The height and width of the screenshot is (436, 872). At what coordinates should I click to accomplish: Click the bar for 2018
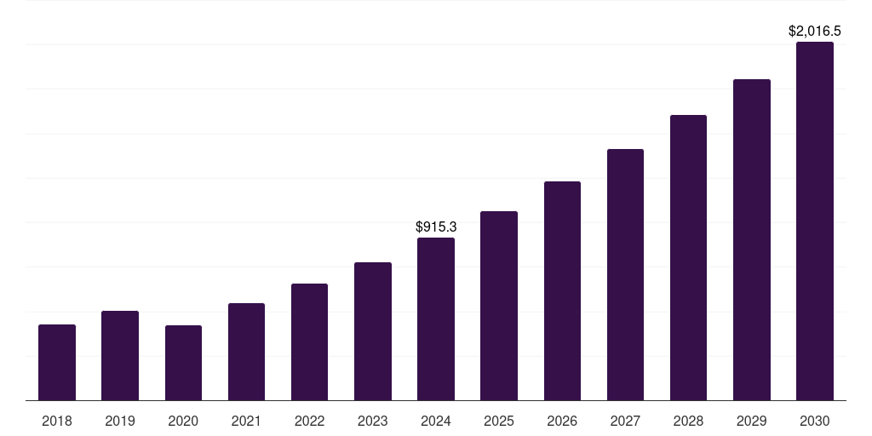tap(57, 362)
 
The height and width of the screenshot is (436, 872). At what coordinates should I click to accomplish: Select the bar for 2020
tap(183, 363)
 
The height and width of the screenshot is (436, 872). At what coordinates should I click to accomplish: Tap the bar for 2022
tap(309, 341)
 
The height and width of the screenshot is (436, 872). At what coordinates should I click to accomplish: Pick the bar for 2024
tap(436, 318)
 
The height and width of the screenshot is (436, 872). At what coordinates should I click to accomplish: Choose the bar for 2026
tap(562, 290)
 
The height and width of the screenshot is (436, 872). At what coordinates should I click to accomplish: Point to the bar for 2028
tap(688, 257)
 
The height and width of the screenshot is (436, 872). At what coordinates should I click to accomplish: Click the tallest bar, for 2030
tap(814, 221)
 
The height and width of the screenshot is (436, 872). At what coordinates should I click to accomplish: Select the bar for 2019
tap(120, 355)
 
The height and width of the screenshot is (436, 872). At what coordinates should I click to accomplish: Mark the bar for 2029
tap(751, 239)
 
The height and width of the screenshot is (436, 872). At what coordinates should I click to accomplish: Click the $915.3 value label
tap(436, 227)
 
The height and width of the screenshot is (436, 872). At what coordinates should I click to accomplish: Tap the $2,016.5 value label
tap(814, 32)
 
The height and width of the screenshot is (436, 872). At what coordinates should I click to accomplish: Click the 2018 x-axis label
tap(57, 421)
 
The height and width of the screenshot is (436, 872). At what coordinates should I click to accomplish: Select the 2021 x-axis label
tap(246, 421)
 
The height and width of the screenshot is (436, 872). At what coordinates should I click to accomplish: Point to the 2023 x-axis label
tap(372, 421)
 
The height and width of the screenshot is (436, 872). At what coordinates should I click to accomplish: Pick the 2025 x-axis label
tap(499, 421)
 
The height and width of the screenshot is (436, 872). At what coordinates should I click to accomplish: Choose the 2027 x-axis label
tap(625, 421)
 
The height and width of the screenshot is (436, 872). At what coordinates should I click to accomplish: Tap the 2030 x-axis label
tap(814, 421)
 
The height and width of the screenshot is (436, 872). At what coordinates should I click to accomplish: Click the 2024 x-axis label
tap(436, 421)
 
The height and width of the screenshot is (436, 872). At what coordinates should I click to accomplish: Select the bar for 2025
tap(499, 306)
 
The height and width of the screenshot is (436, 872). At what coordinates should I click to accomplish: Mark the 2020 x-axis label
tap(183, 421)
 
